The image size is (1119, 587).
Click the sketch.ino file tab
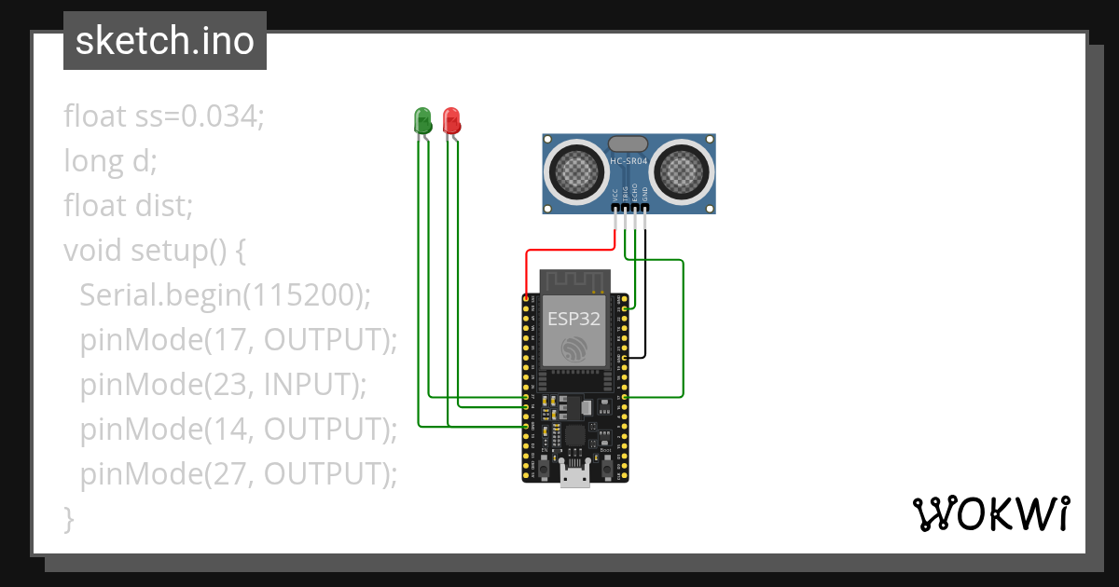[x=165, y=41]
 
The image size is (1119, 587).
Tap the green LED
[x=422, y=119]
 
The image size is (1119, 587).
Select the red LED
[x=452, y=119]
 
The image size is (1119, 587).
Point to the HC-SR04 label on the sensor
[x=629, y=161]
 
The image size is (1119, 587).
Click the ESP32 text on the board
[x=573, y=318]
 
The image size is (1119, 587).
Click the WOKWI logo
[x=990, y=513]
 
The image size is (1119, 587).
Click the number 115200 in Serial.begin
[x=301, y=295]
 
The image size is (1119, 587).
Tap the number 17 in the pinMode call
[x=228, y=340]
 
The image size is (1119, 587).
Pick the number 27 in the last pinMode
[x=229, y=474]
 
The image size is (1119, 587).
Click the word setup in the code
[x=166, y=251]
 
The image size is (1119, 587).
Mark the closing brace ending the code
[x=68, y=518]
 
